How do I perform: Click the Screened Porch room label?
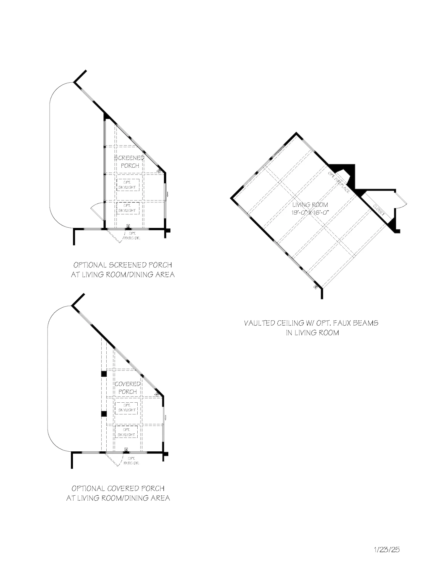[x=129, y=161]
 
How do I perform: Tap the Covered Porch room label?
[x=128, y=388]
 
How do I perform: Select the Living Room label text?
[x=310, y=205]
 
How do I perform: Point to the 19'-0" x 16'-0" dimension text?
[x=310, y=212]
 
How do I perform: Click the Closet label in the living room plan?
[x=379, y=210]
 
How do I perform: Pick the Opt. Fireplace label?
[x=339, y=182]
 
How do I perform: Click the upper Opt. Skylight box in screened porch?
[x=127, y=185]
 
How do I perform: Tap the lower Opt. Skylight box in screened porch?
[x=127, y=208]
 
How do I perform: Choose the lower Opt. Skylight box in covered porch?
[x=127, y=432]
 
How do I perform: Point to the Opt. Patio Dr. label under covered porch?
[x=131, y=461]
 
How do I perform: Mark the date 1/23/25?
[x=387, y=549]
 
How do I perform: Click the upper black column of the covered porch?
[x=104, y=374]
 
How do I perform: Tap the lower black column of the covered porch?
[x=104, y=414]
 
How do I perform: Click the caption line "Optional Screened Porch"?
[x=123, y=265]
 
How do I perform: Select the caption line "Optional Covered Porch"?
[x=118, y=488]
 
